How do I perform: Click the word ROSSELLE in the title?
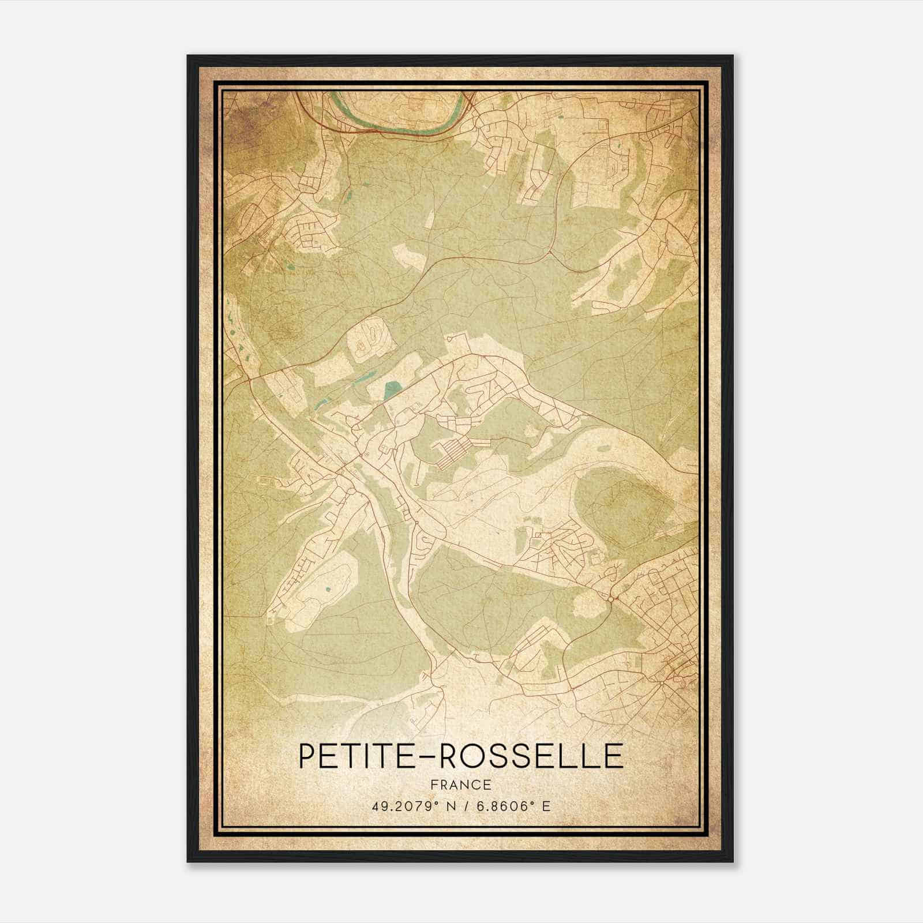coord(531,756)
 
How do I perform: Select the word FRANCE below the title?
coord(461,785)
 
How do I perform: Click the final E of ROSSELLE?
coord(614,756)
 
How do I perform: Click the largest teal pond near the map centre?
coord(393,391)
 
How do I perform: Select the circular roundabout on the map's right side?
coord(610,599)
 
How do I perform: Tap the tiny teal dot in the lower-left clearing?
coord(328,590)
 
